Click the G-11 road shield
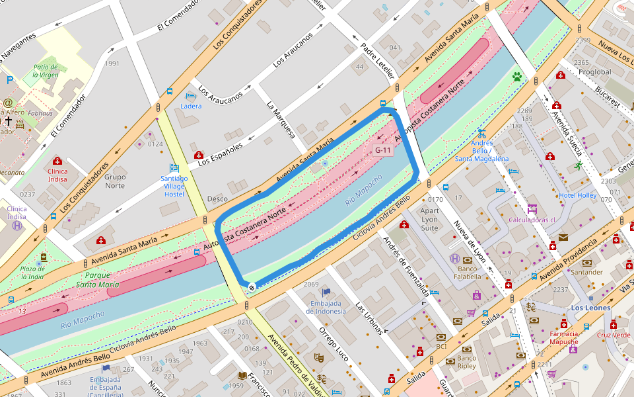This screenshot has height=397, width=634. point(383,150)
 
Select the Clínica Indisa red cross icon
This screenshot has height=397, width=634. point(57,161)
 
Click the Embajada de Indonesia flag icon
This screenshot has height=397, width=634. point(326,292)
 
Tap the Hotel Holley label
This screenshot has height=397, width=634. point(577,195)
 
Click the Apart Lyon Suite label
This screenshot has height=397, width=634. point(429,219)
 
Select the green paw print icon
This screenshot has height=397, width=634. point(516,77)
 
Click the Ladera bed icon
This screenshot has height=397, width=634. point(191,96)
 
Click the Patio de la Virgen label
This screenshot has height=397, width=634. point(46,71)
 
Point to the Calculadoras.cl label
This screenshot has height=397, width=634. point(531,220)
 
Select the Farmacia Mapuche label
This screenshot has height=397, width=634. point(563,337)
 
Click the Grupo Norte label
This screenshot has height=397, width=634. point(115,181)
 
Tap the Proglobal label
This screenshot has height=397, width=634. point(594,71)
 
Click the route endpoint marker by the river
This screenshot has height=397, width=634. point(252,287)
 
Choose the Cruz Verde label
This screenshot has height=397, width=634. point(614,335)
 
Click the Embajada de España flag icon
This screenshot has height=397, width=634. point(106,368)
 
